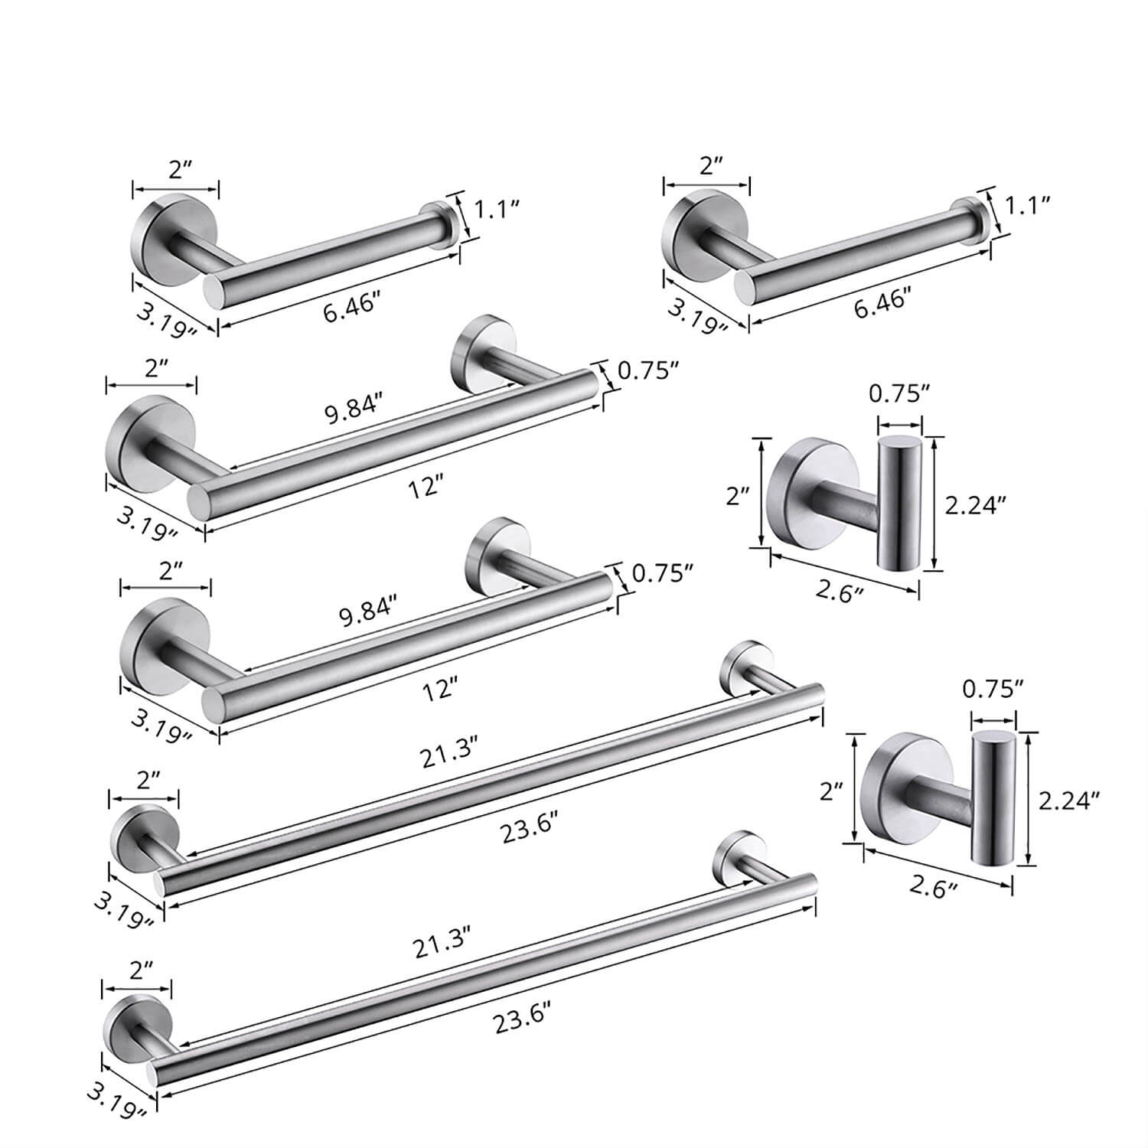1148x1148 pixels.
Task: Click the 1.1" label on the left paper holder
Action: (498, 209)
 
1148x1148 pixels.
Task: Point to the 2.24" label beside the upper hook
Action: (975, 504)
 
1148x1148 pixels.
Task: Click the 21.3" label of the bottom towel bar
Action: (442, 947)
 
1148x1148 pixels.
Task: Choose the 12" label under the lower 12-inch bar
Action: (439, 690)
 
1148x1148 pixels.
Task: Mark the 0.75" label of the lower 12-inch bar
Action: (663, 572)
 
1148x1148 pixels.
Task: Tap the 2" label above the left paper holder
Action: (180, 169)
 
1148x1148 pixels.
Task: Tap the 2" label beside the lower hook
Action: (831, 791)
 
